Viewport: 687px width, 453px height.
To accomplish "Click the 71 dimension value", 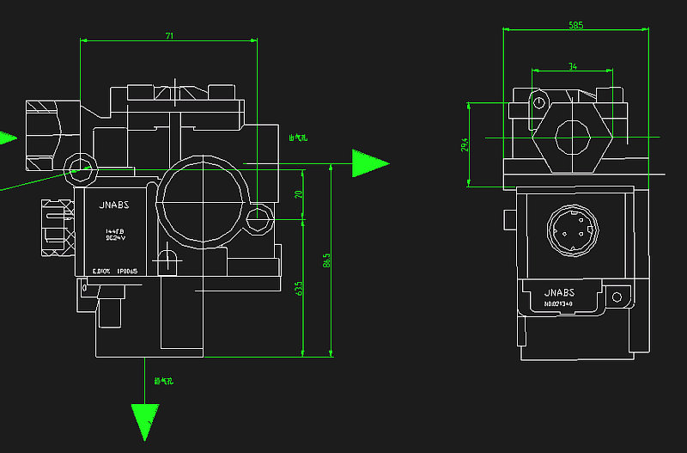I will point(170,36).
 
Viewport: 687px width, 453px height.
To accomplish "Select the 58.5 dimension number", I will point(575,26).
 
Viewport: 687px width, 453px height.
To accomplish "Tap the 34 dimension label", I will point(573,65).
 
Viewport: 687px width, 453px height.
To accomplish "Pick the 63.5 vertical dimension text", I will point(299,287).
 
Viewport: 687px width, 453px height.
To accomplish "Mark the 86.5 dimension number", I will point(326,259).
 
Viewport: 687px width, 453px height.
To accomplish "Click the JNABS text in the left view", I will point(113,206).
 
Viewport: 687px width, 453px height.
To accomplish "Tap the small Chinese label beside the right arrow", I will point(298,137).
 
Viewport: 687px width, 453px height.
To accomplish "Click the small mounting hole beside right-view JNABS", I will point(615,297).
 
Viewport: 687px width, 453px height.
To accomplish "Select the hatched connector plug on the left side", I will point(57,228).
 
